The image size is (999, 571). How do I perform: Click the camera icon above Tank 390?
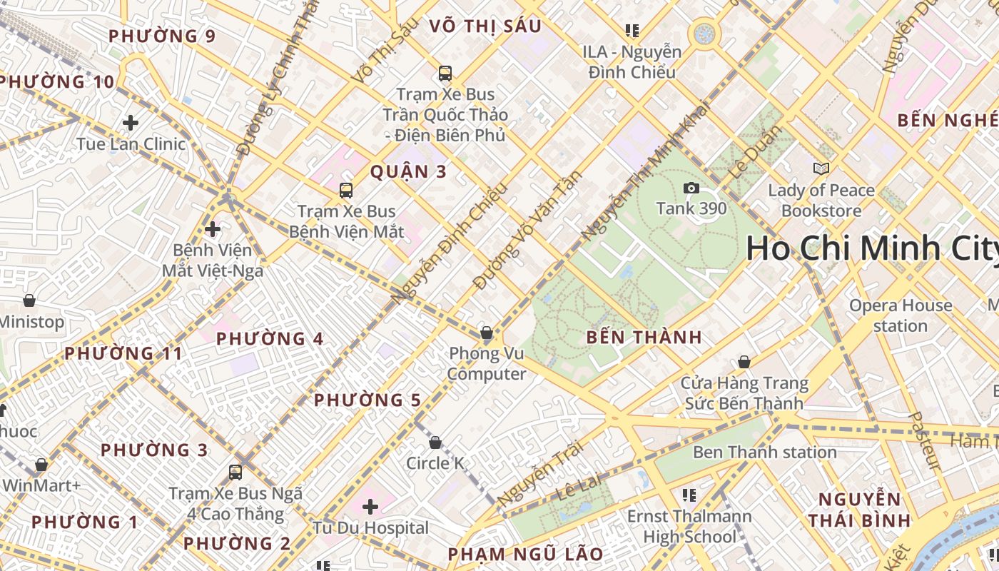coord(691,188)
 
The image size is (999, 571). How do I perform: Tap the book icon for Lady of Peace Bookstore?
coord(821,168)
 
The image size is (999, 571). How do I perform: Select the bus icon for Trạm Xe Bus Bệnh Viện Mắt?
coord(346,190)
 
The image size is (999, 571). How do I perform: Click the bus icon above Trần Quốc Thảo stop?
coord(445,73)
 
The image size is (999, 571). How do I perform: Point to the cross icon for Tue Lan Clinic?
coord(131,123)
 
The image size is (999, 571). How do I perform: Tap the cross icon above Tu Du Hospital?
coord(370,507)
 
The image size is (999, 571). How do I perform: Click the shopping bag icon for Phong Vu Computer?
coord(487,333)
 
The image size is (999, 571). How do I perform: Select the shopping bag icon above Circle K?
coord(435,443)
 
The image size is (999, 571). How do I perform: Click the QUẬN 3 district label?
coord(409,171)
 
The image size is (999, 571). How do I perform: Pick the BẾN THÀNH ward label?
coord(644,338)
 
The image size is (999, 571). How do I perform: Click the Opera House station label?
coord(901,315)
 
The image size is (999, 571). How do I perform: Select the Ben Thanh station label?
coord(765,452)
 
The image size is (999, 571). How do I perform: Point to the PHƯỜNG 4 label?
coord(270,338)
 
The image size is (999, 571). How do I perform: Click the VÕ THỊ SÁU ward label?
coord(485,26)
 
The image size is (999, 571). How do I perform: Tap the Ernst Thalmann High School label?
coord(689,526)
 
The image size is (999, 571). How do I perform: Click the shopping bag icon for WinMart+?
coord(41,465)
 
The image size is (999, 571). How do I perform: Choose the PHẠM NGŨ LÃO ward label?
coord(525,554)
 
